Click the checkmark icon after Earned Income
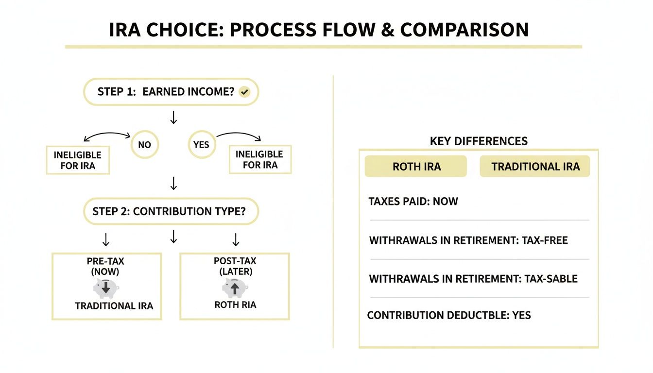(245, 92)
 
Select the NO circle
(144, 145)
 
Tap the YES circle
(201, 145)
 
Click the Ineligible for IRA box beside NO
(78, 160)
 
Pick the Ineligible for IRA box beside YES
(260, 159)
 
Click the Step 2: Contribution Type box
(171, 211)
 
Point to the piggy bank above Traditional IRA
(106, 288)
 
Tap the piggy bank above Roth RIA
(235, 288)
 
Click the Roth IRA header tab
(416, 167)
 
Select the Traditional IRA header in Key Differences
(535, 167)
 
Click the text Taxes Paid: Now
(413, 201)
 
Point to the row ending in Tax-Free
(468, 240)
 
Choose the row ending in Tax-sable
(473, 279)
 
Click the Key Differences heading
(479, 141)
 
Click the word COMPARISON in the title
(464, 30)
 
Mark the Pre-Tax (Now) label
(106, 266)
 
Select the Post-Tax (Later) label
(235, 266)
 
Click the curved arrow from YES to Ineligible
(239, 136)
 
